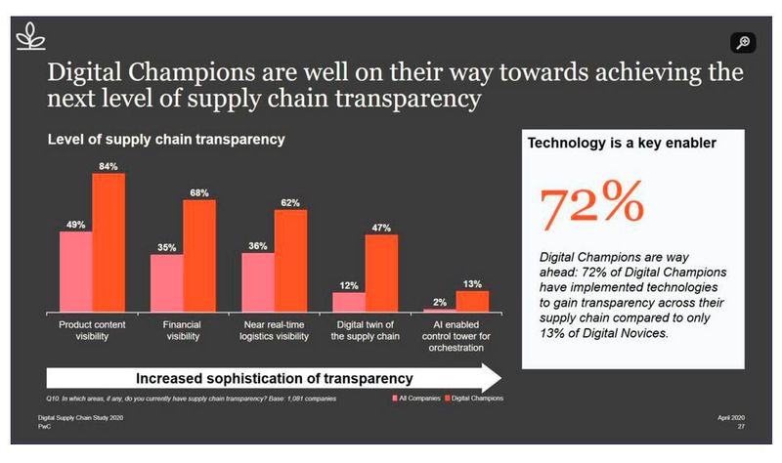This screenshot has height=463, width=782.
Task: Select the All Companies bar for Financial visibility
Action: click(166, 282)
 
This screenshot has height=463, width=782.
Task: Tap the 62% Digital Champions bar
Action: click(290, 260)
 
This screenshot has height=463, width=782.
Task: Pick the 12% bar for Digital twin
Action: click(349, 301)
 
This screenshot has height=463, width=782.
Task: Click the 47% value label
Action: click(381, 228)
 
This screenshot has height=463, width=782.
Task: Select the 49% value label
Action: click(76, 224)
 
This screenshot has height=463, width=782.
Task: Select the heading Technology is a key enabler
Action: click(623, 143)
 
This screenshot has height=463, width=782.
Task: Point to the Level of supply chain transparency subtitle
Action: click(166, 140)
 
